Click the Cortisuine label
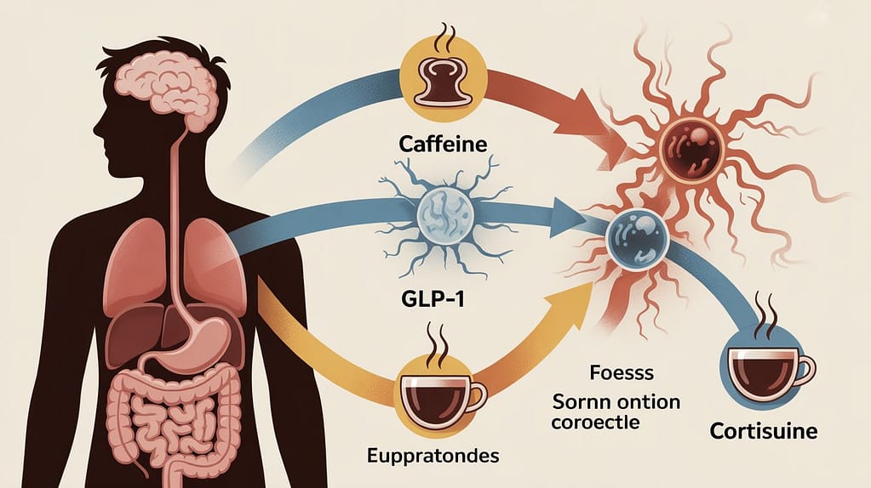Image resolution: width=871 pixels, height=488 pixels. click(x=763, y=431)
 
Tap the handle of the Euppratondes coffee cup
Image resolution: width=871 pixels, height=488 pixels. click(x=478, y=394)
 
